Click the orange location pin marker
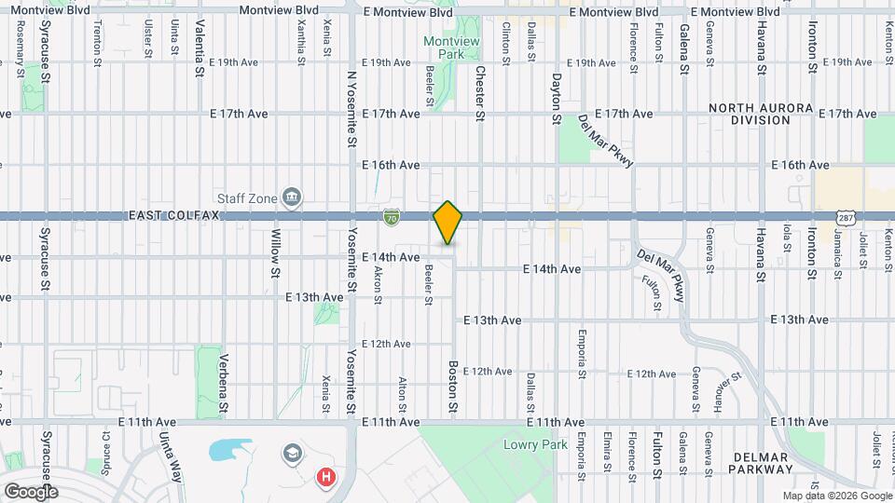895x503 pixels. pos(448,223)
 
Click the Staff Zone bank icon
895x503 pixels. pos(293,197)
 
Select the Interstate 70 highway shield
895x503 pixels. pos(392,217)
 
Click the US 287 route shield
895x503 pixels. pos(845,217)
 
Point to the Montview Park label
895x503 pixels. pos(444,48)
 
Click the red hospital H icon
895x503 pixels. pos(325,478)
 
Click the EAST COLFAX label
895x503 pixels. pos(172,215)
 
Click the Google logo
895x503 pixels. pos(31,491)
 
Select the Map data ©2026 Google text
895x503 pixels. pos(836,496)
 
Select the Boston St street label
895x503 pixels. pos(454,387)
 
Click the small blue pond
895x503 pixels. pos(226,452)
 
